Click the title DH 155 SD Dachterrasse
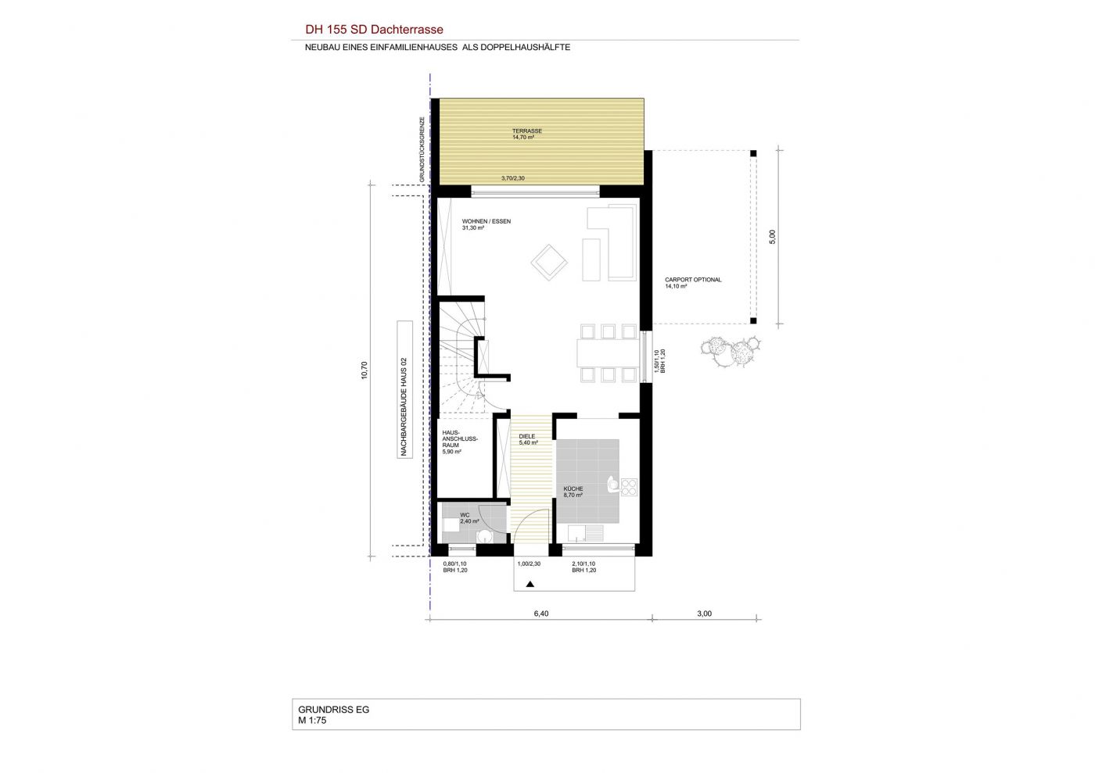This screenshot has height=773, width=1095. [x=374, y=30]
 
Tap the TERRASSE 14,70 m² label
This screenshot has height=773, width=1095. [x=526, y=134]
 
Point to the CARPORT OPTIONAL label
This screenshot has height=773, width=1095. [x=693, y=280]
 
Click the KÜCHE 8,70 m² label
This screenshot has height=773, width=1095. [x=573, y=492]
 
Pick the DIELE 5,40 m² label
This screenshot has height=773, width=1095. [x=528, y=440]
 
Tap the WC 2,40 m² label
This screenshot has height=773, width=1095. [x=469, y=518]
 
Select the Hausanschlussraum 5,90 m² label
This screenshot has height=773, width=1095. [x=460, y=442]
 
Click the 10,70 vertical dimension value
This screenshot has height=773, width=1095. [x=364, y=370]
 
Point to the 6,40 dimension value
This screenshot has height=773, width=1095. [x=541, y=614]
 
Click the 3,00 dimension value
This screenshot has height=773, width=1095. [x=704, y=614]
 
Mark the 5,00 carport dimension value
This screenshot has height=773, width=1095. [x=773, y=237]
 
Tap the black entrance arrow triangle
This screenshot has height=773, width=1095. [x=530, y=584]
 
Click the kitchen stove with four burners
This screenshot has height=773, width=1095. [x=629, y=487]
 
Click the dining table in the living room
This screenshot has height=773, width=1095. [x=608, y=353]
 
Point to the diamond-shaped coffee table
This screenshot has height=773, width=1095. [x=549, y=263]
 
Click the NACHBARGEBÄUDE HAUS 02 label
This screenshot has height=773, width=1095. [x=404, y=389]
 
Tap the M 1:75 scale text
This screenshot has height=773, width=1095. [x=312, y=720]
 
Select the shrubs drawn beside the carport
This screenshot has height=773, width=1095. [x=731, y=351]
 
